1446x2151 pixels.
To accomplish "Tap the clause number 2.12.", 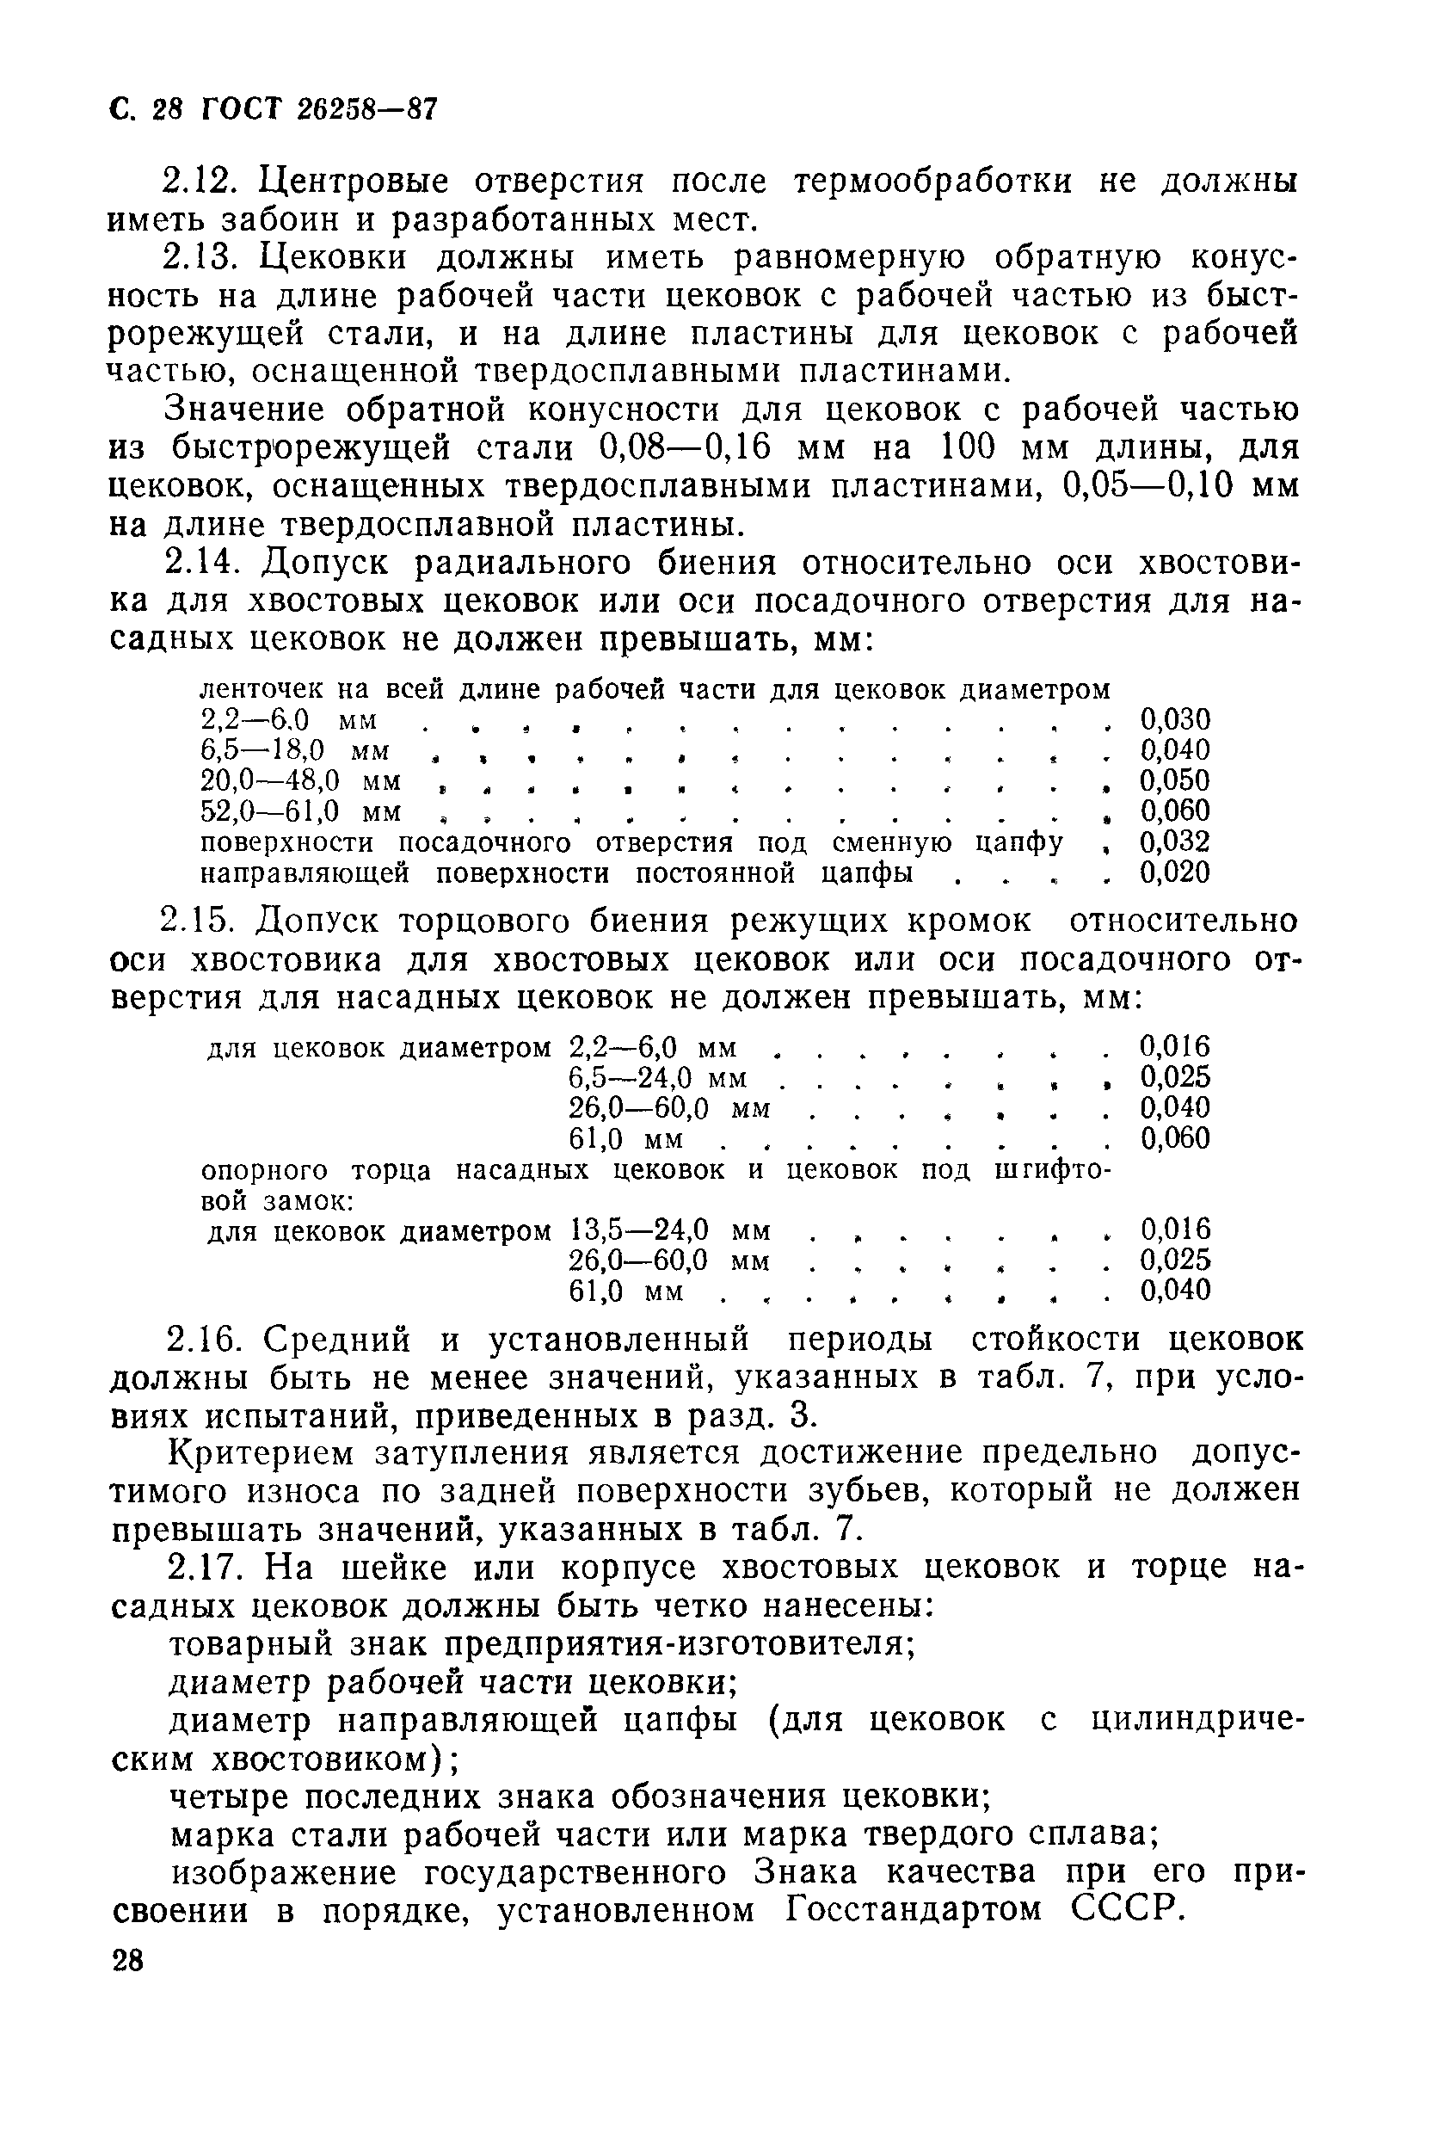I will [202, 182].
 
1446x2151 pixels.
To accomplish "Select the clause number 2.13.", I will [202, 257].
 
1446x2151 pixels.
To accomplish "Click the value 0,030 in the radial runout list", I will [1174, 719].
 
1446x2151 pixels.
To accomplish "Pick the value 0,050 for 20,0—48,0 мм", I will [1174, 781].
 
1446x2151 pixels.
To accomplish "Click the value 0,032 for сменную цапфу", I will [1174, 842].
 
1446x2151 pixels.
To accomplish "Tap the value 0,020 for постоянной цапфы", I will [1174, 872].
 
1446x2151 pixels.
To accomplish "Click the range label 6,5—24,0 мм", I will [657, 1077].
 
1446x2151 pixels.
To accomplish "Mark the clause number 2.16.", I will [202, 1340].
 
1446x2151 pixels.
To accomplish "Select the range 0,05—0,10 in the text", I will [1149, 486].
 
